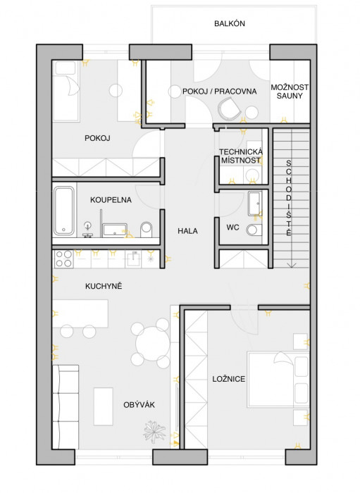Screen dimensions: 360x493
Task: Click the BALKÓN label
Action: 230,23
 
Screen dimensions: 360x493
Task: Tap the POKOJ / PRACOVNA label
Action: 220,92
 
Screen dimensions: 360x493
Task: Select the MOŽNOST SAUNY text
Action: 290,92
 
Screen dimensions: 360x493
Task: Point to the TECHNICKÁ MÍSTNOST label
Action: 241,156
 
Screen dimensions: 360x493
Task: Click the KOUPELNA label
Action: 111,200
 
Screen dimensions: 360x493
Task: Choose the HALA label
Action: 187,231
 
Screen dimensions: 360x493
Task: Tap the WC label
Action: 232,227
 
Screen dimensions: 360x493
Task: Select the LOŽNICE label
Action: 228,379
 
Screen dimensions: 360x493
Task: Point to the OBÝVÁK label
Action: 139,405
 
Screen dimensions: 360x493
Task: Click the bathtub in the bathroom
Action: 64,211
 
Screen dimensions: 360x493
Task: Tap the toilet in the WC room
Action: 254,230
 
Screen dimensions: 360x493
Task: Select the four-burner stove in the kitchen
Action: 63,258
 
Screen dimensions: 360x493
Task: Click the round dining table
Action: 152,344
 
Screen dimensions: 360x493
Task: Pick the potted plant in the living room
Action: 154,432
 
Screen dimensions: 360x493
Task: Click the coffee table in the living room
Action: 103,406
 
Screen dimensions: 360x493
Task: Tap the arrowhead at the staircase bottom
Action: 292,266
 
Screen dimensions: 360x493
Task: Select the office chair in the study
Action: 228,108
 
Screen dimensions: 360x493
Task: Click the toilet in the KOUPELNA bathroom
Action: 147,229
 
